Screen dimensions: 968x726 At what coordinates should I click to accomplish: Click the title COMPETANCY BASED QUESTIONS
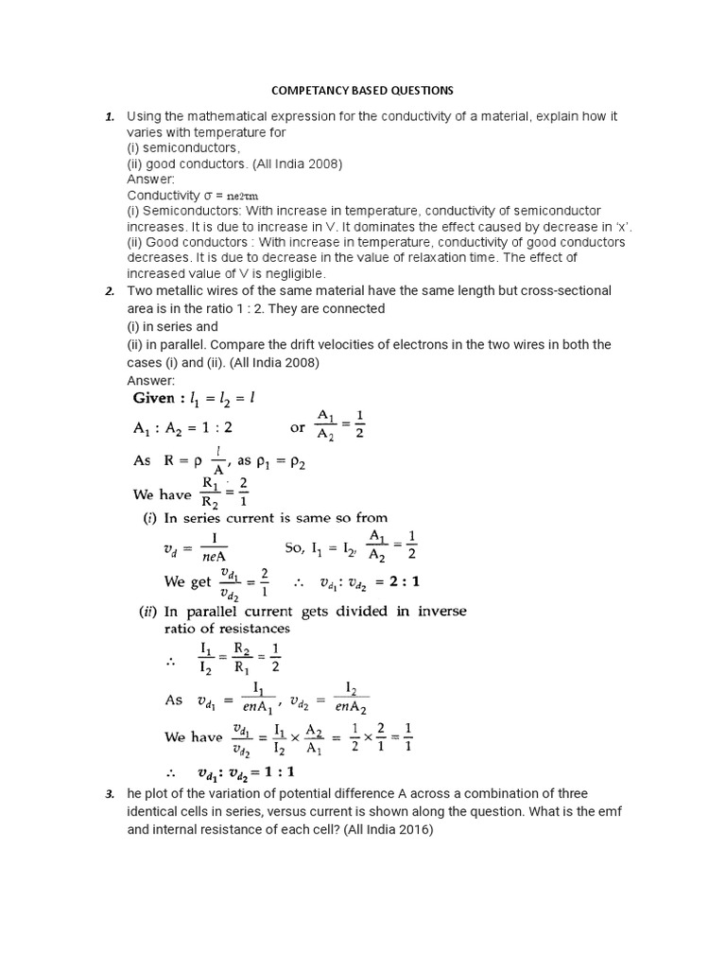[363, 91]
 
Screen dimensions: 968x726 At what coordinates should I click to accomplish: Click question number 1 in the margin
[110, 117]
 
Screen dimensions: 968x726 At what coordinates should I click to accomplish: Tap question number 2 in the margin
[110, 291]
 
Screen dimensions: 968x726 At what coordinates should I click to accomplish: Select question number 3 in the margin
[110, 777]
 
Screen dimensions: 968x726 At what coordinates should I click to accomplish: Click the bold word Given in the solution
[164, 399]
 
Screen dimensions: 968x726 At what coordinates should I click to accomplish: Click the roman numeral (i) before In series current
[147, 517]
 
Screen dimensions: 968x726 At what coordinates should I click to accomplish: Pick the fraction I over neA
[214, 548]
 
